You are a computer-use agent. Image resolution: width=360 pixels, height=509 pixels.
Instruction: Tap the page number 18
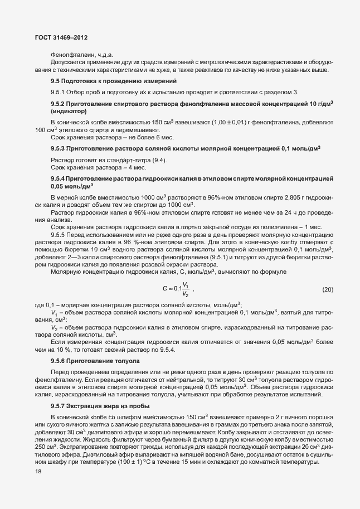click(38, 472)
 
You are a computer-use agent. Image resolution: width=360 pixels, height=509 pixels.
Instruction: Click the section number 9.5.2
click(59, 104)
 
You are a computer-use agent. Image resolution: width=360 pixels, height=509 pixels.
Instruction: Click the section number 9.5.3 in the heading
click(59, 148)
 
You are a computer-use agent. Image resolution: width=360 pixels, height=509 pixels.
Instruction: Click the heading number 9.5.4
click(59, 178)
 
